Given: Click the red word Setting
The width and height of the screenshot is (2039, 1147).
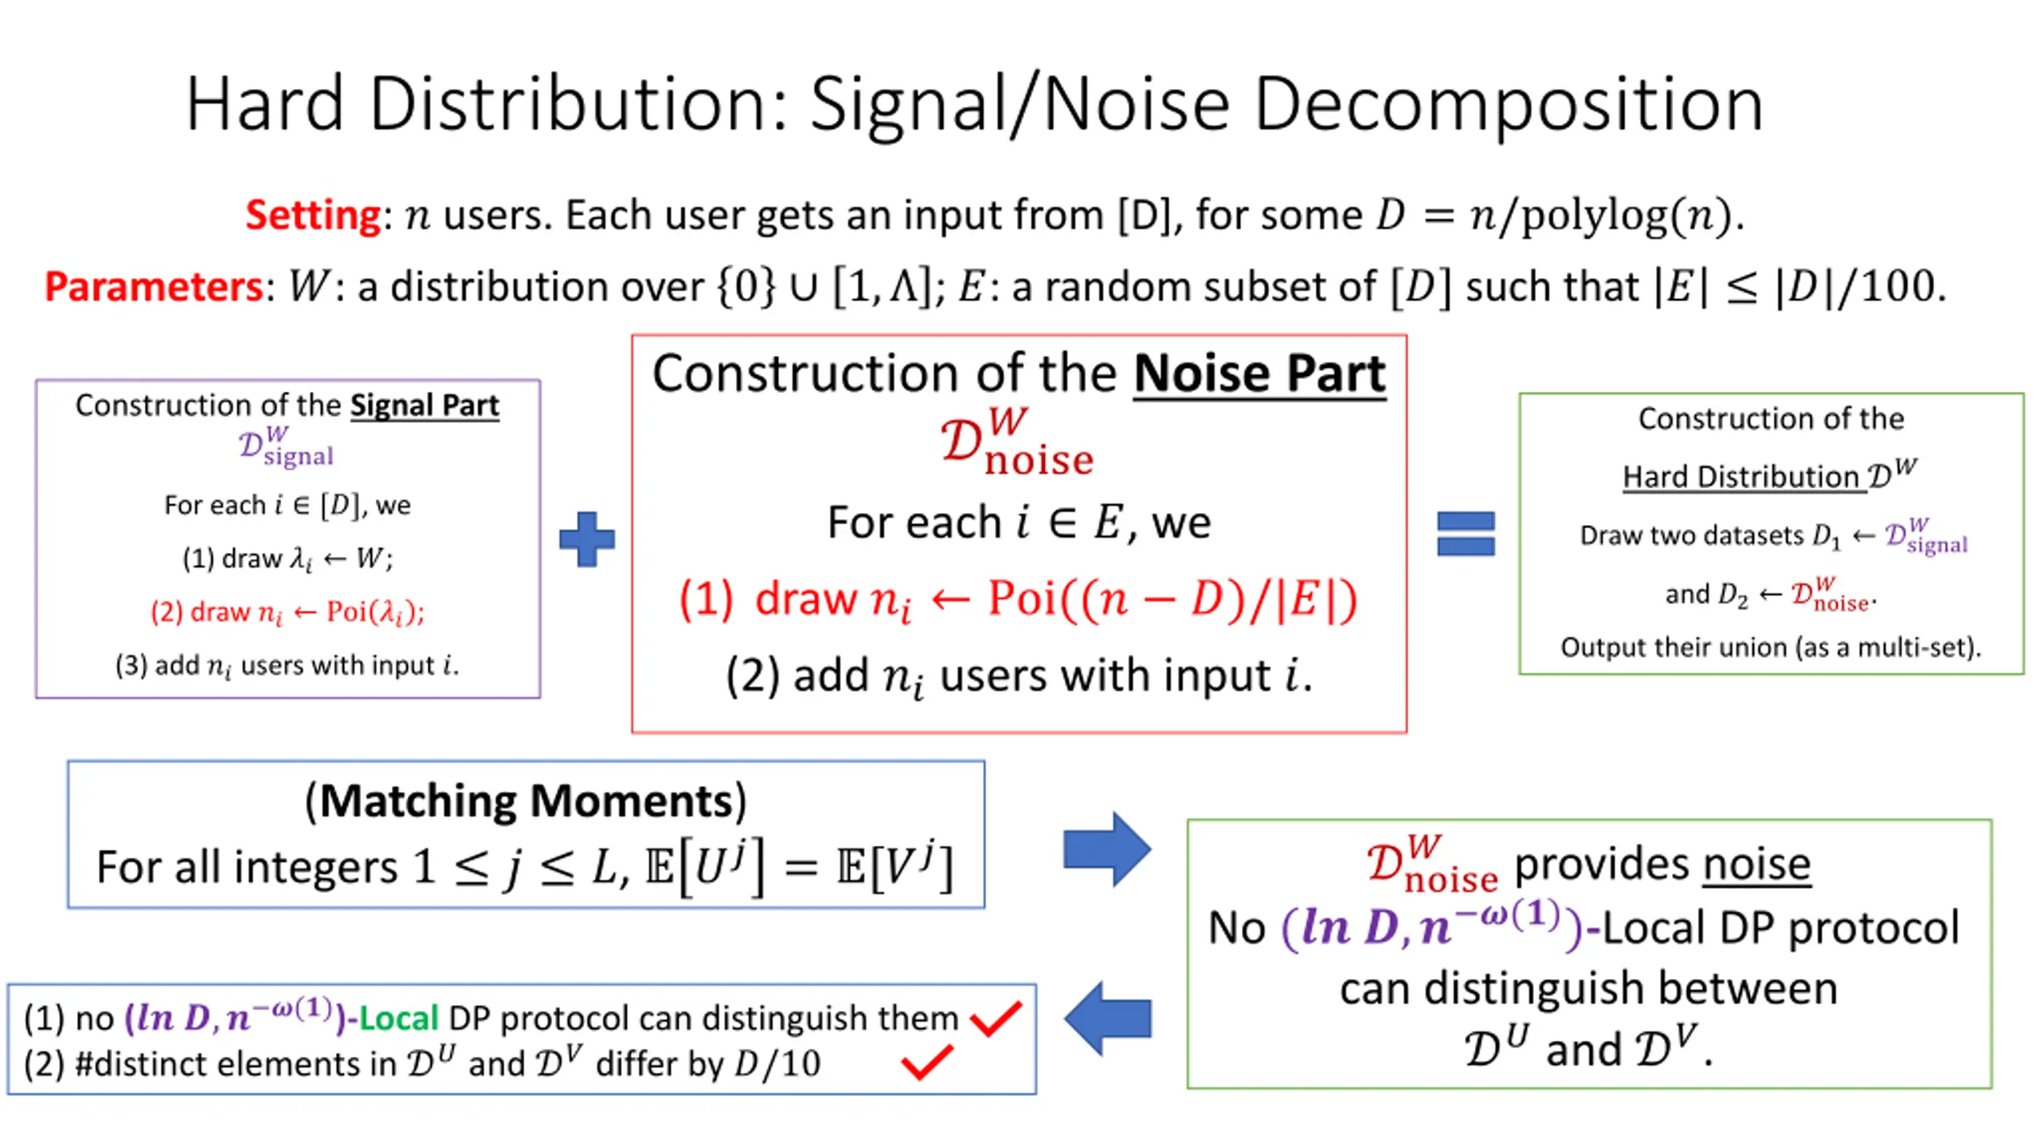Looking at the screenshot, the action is click(313, 215).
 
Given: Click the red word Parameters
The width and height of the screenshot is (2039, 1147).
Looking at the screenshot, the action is click(153, 287).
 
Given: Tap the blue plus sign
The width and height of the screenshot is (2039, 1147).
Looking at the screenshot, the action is click(587, 539).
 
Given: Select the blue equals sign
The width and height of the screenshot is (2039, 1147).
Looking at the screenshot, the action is click(1466, 534).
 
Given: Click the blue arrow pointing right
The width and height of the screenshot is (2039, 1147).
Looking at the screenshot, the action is click(1107, 849).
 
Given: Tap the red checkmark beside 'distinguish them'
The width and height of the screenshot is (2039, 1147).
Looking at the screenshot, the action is click(996, 1019).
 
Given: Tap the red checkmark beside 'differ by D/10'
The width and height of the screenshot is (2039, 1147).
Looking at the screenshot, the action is click(926, 1063).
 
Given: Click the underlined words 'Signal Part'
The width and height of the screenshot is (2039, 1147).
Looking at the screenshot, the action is click(425, 405).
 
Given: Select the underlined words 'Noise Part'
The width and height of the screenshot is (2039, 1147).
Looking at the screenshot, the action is click(1259, 373).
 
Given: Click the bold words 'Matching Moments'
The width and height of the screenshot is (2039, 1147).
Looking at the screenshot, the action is click(526, 801).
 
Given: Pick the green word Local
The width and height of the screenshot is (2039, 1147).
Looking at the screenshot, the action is click(398, 1019).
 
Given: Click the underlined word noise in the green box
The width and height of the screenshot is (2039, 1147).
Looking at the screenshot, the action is click(1756, 864).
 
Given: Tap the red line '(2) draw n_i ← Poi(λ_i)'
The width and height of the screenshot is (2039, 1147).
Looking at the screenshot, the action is click(288, 612).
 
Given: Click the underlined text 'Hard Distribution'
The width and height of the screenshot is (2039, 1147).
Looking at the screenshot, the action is click(1744, 477).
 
